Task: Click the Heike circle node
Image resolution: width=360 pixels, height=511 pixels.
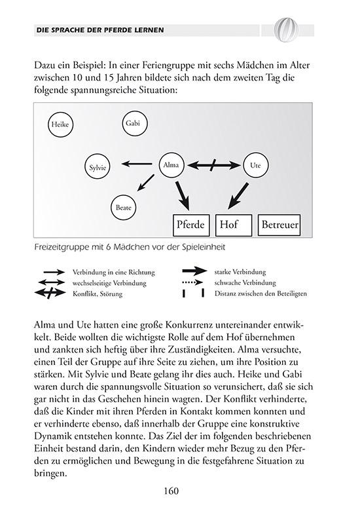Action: pyautogui.click(x=60, y=124)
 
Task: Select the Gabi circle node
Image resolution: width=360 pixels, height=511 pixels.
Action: pyautogui.click(x=135, y=123)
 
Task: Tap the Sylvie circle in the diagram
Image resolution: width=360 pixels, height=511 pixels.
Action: pyautogui.click(x=98, y=167)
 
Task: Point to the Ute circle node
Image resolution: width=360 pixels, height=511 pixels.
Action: pyautogui.click(x=255, y=166)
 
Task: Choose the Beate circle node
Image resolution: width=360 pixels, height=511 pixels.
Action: pyautogui.click(x=123, y=207)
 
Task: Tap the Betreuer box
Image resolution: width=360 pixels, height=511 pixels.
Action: pyautogui.click(x=279, y=225)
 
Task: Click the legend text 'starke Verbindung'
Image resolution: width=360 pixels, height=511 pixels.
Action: pyautogui.click(x=240, y=271)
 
